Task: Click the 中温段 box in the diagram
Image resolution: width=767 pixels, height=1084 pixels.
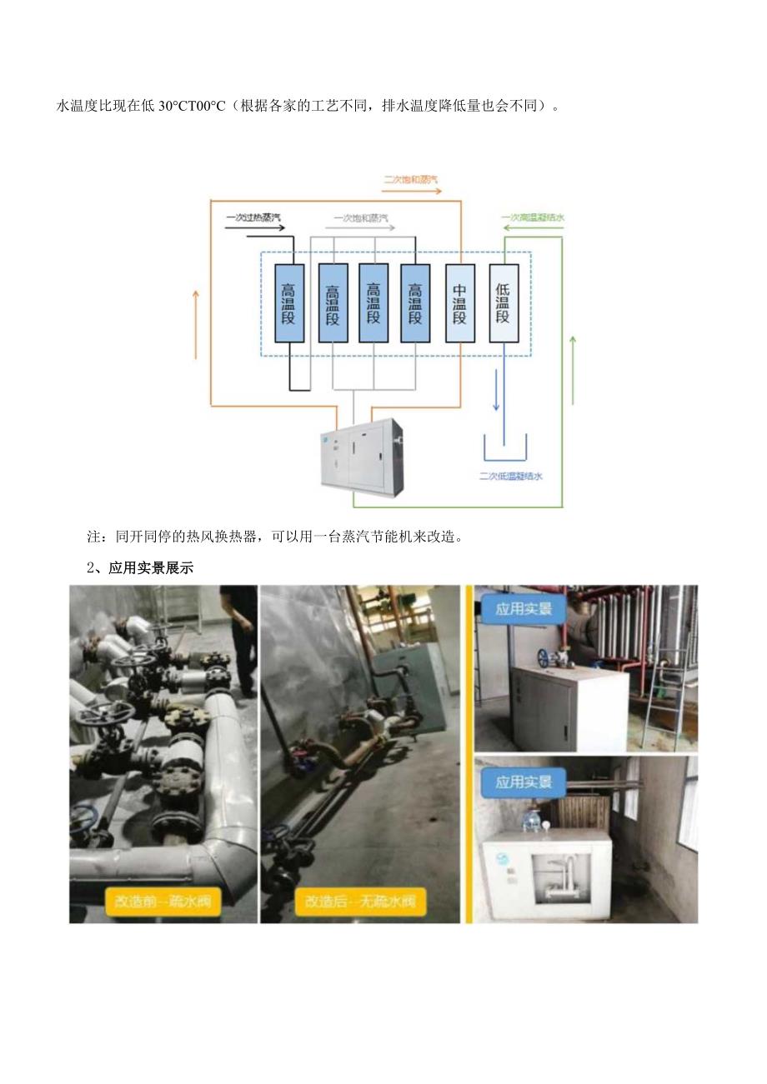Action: pos(459,303)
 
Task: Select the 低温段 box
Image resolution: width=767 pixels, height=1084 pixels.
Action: pos(503,303)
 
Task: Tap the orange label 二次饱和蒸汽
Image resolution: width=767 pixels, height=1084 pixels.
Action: pos(410,179)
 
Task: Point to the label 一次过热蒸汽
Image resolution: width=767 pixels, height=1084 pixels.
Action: pos(253,218)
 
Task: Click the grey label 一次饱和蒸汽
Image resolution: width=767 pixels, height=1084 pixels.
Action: pos(361,218)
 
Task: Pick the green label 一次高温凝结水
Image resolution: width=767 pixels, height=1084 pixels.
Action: pos(533,218)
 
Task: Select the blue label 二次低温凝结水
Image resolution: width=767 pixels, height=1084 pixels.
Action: pos(511,477)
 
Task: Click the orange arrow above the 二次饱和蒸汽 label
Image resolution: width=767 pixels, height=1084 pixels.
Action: pos(424,191)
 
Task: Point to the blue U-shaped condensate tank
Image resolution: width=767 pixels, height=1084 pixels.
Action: pos(505,449)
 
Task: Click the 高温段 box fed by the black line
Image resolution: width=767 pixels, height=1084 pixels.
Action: pos(289,303)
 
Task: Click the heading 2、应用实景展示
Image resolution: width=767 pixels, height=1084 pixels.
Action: pos(140,568)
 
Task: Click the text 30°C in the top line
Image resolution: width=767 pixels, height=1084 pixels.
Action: pos(177,106)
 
